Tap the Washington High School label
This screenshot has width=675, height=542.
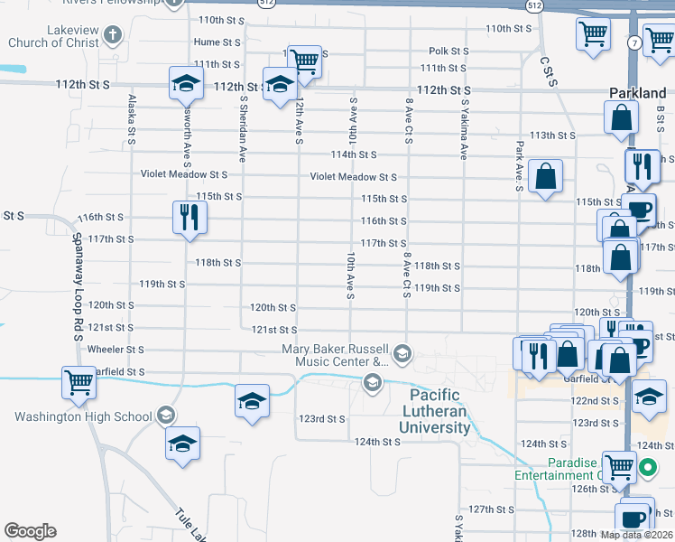(82, 416)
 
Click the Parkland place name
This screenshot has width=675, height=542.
(637, 93)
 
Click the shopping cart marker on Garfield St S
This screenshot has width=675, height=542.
(79, 381)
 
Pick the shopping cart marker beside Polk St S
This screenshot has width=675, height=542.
(305, 61)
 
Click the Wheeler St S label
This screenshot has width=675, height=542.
(116, 349)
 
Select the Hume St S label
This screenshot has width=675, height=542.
(217, 42)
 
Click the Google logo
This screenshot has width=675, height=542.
(30, 531)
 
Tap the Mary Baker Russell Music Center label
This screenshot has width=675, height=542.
(335, 355)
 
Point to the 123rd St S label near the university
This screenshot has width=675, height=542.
(323, 419)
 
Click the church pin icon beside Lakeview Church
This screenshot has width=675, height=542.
(112, 36)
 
